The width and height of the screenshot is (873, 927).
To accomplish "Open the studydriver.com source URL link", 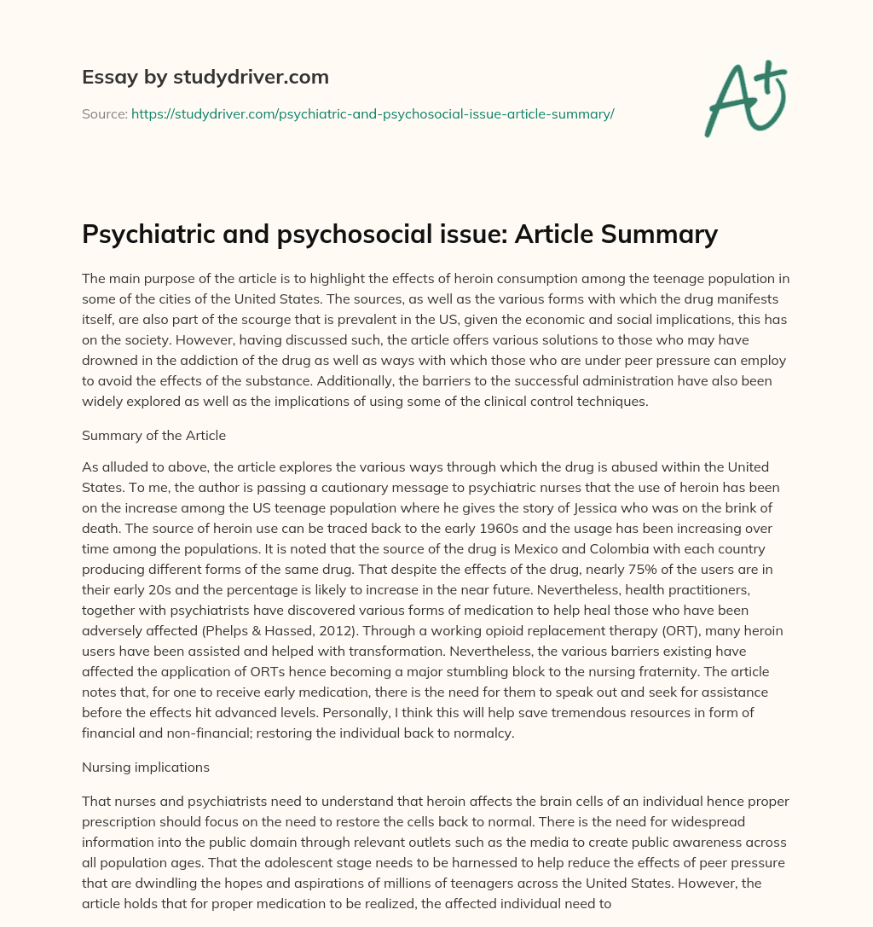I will pyautogui.click(x=373, y=113).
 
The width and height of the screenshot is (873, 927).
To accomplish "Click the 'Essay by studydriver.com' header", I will pyautogui.click(x=205, y=77).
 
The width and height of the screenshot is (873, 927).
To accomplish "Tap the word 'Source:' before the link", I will pyautogui.click(x=104, y=113).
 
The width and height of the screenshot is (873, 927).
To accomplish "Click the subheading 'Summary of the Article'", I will pyautogui.click(x=153, y=435).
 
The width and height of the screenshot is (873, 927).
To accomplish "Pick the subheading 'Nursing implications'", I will pyautogui.click(x=145, y=767).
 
